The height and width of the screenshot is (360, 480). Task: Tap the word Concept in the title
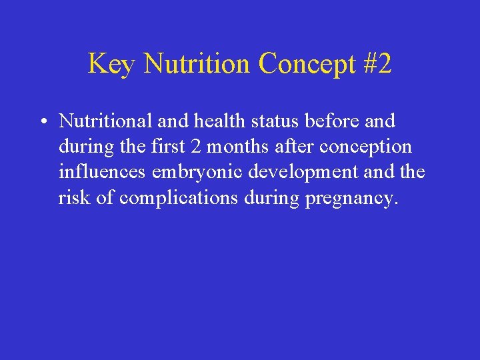(307, 65)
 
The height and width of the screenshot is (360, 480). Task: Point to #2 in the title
(377, 65)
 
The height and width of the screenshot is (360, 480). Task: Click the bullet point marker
(41, 122)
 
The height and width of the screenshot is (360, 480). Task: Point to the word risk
(75, 198)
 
